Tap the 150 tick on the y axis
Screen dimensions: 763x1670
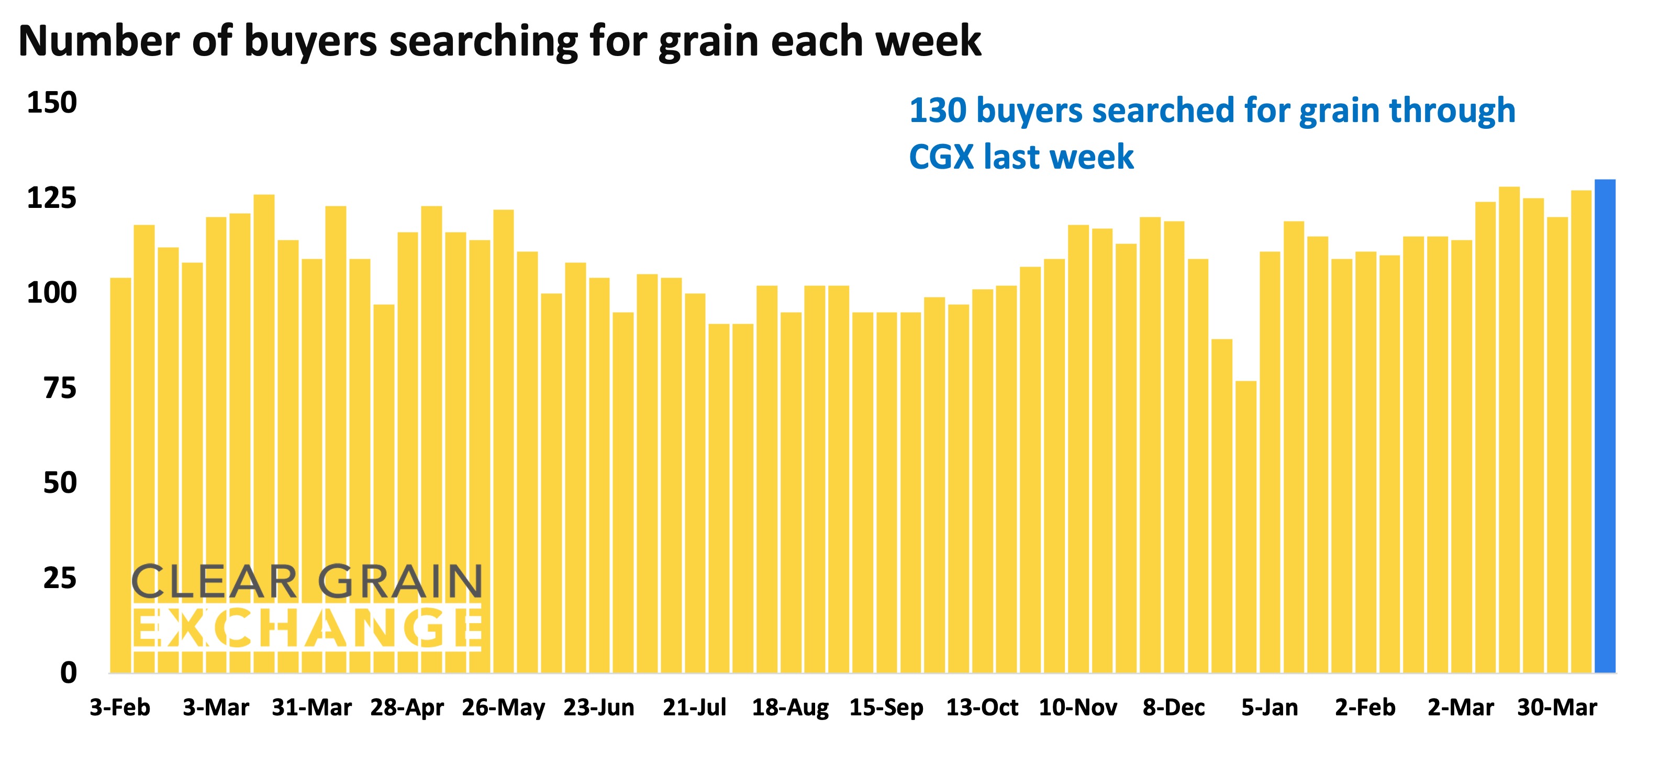click(x=52, y=103)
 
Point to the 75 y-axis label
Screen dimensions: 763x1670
click(x=60, y=388)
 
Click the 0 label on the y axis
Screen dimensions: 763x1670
click(x=68, y=673)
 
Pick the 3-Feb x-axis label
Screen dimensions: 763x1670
click(x=120, y=707)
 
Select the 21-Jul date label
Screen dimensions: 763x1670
click(x=694, y=707)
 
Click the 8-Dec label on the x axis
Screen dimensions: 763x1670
click(x=1173, y=707)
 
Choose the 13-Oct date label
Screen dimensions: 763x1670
click(x=982, y=707)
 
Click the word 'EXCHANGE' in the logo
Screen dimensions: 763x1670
click(x=307, y=627)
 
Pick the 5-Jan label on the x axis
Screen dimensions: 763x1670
click(x=1270, y=707)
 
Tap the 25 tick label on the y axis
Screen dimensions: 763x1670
click(x=60, y=578)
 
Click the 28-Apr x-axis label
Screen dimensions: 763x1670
click(x=407, y=707)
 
